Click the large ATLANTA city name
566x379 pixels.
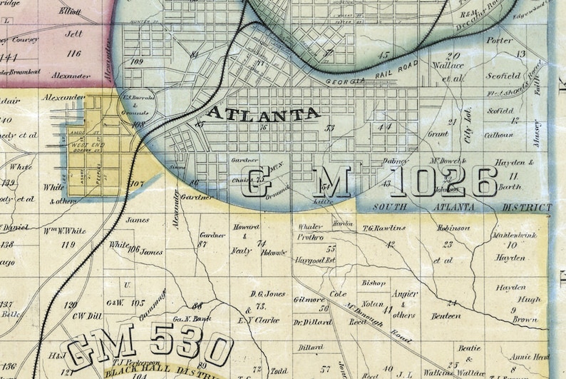(x=263, y=113)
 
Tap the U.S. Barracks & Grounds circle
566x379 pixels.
(x=139, y=104)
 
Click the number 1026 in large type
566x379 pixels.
(x=443, y=183)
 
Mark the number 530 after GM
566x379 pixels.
(x=190, y=348)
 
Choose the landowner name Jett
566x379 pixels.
(x=74, y=32)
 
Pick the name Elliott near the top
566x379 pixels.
(x=71, y=11)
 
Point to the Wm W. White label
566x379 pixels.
(x=67, y=231)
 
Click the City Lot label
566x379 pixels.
(x=468, y=132)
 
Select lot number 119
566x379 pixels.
(x=68, y=244)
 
